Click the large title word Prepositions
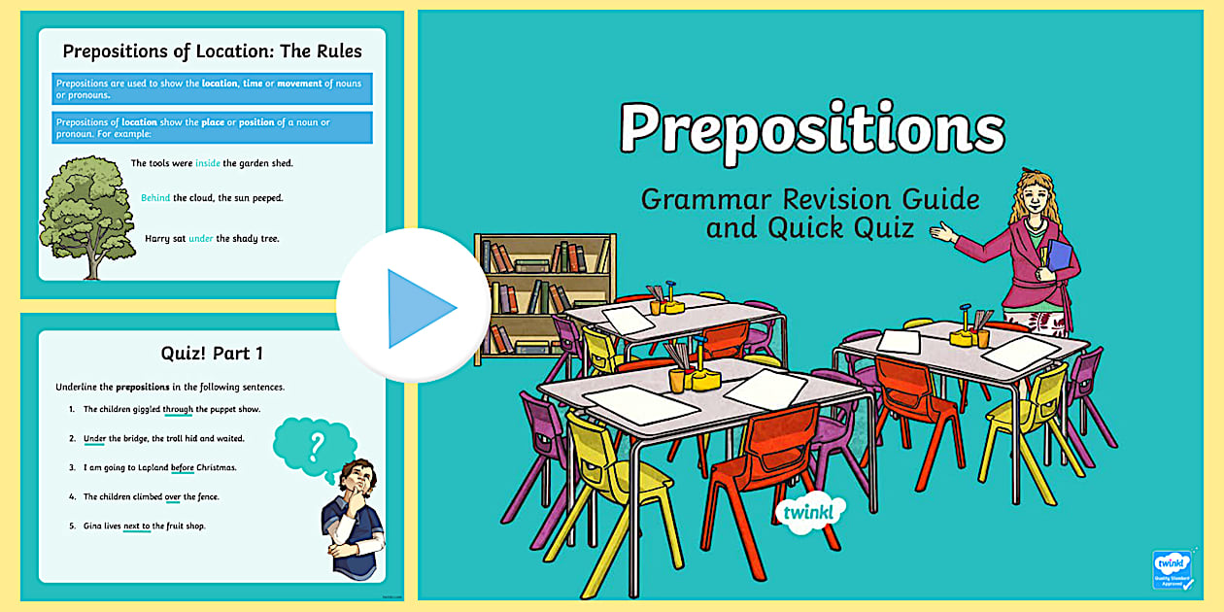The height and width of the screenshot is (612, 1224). pos(811,130)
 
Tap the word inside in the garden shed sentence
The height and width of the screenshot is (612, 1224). pos(208,163)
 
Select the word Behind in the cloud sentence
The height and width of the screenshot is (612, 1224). pos(155,198)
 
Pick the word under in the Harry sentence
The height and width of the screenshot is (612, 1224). pos(200,238)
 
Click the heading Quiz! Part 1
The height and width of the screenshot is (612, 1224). pos(212,354)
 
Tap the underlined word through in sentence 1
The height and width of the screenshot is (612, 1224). pos(178,410)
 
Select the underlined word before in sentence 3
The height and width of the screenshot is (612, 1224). pos(183,468)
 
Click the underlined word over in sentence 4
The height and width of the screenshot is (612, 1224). pos(173,497)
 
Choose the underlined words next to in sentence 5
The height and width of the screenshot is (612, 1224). pos(137,527)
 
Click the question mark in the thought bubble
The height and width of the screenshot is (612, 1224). pos(315,446)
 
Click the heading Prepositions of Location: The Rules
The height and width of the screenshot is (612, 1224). pos(212,51)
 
